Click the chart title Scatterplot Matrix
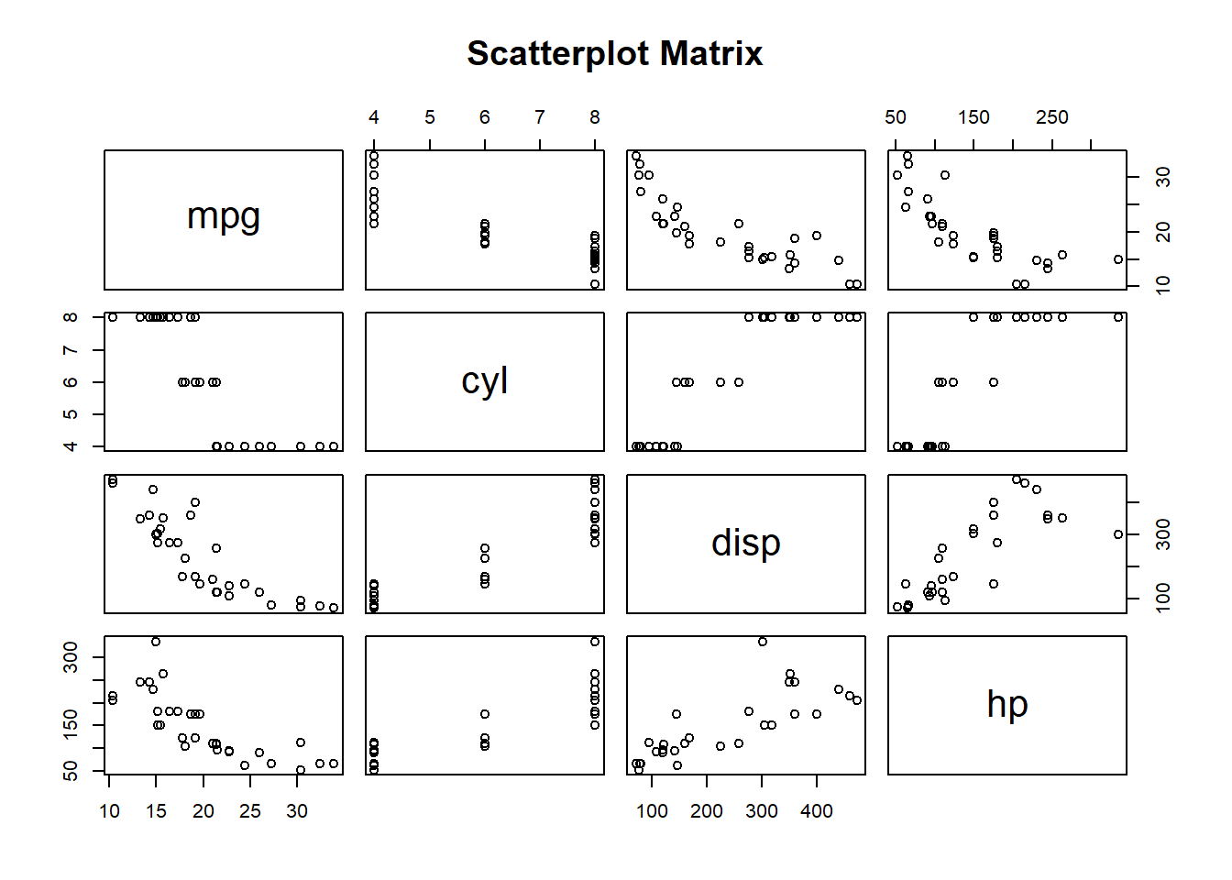[x=614, y=53]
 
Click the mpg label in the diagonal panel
[x=224, y=217]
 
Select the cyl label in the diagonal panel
[x=484, y=380]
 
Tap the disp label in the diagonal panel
[x=745, y=543]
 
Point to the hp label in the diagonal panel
[x=1006, y=704]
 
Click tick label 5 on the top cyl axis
[x=429, y=117]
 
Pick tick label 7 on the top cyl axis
[x=540, y=117]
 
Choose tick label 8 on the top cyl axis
[x=595, y=117]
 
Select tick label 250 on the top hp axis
[x=1051, y=117]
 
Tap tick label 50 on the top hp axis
[x=896, y=117]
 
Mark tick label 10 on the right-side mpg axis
[x=1163, y=286]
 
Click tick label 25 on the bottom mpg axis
[x=250, y=811]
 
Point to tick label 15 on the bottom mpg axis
[x=156, y=811]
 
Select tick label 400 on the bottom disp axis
[x=816, y=811]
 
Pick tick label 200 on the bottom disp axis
[x=706, y=811]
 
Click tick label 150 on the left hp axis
[x=71, y=725]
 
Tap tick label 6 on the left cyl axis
[x=71, y=382]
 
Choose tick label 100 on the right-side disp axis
[x=1163, y=599]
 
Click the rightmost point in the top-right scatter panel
[x=1118, y=259]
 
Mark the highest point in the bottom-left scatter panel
[x=156, y=642]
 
